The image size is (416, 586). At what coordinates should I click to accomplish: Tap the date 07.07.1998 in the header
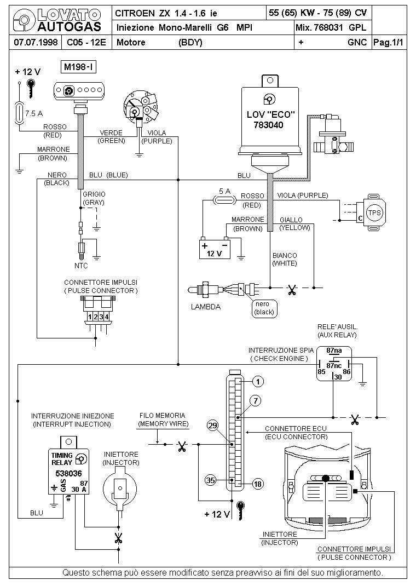point(36,42)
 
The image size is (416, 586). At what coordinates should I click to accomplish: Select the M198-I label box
point(78,67)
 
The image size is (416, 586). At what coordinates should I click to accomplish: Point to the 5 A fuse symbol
point(224,200)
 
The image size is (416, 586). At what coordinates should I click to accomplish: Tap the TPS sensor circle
point(374,212)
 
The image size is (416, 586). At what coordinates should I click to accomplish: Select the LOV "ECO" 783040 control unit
point(270,120)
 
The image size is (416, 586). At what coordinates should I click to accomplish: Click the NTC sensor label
point(81,266)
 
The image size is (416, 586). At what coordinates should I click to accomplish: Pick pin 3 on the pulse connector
point(101,317)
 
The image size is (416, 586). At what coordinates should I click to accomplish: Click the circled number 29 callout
point(212,426)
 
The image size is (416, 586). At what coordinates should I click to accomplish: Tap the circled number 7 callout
point(256,401)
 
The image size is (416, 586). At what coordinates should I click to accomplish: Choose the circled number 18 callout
point(258,484)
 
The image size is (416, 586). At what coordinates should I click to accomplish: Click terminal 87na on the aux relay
point(334,351)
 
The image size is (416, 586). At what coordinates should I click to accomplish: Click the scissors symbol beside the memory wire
point(182,446)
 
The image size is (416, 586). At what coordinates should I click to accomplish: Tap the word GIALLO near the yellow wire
point(291,220)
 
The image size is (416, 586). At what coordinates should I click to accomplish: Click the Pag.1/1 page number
point(389,42)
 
